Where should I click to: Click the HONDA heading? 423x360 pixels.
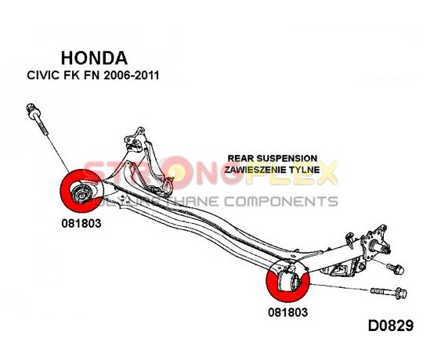pyautogui.click(x=94, y=58)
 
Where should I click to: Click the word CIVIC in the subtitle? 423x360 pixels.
pyautogui.click(x=43, y=75)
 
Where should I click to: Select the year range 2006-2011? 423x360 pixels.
pyautogui.click(x=131, y=75)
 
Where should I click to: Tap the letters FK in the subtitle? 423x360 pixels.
pyautogui.click(x=71, y=75)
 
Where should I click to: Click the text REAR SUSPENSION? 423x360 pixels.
pyautogui.click(x=273, y=158)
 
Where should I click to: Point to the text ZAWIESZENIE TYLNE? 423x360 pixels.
pyautogui.click(x=272, y=170)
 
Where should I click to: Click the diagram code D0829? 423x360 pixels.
pyautogui.click(x=391, y=326)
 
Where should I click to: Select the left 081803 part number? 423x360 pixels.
pyautogui.click(x=81, y=223)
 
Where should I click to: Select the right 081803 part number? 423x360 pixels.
pyautogui.click(x=287, y=312)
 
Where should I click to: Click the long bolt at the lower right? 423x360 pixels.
pyautogui.click(x=389, y=293)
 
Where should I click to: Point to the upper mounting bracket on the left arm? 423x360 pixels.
pyautogui.click(x=136, y=140)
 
